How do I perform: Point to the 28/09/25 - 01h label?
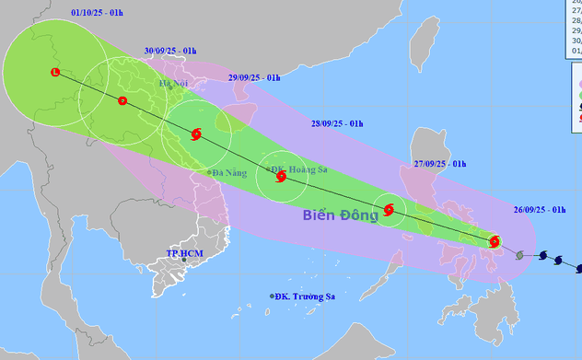coord(337,123)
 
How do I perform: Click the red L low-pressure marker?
coord(54,72)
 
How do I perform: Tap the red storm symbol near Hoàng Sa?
coord(280,176)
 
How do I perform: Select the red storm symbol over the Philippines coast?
coord(495,242)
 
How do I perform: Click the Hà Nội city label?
coord(173,85)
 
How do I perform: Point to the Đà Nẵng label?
coord(227,172)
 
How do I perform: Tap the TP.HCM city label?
coord(183,252)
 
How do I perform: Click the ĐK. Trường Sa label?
coord(305,296)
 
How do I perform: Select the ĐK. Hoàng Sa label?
coord(300,169)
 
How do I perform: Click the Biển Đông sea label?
coord(341,216)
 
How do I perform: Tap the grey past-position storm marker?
coord(521,253)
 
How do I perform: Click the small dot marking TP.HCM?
coord(183,261)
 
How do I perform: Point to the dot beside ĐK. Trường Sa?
coord(273,296)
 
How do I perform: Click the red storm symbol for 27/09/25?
coord(389,210)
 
